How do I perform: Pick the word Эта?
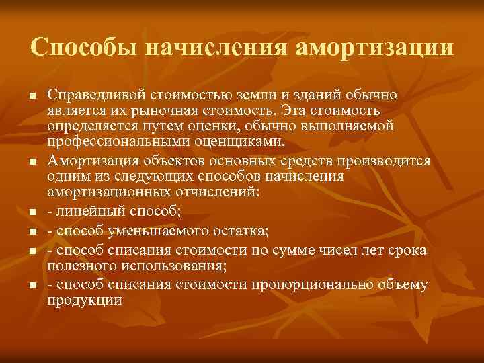[x=294, y=110]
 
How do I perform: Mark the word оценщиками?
[x=246, y=142]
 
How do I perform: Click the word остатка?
[x=241, y=232]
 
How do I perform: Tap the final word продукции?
[x=85, y=300]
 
